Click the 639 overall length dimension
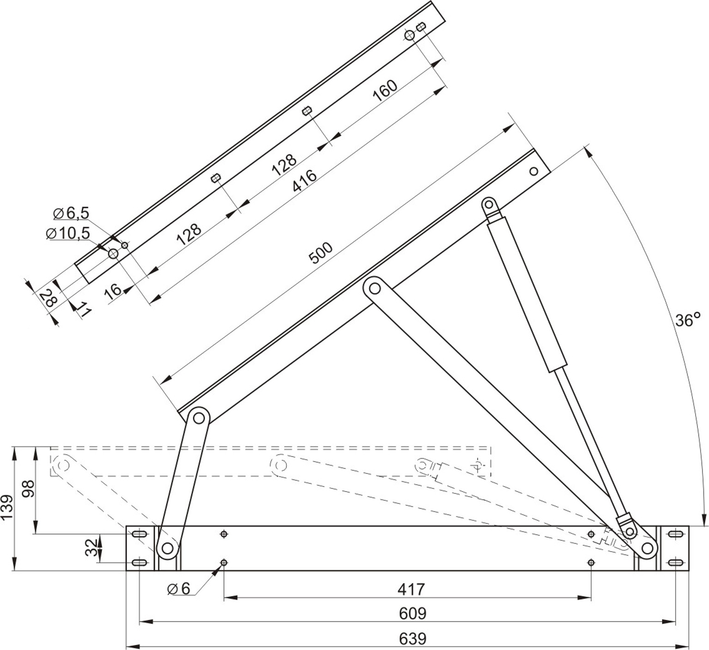(412, 639)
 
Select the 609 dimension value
(412, 614)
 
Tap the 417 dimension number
(411, 589)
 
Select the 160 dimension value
(385, 91)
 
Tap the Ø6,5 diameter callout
(71, 213)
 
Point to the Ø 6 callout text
(179, 589)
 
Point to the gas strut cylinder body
(527, 296)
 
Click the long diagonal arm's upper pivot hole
(375, 289)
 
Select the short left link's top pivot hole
(199, 418)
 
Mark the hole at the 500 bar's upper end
(533, 171)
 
